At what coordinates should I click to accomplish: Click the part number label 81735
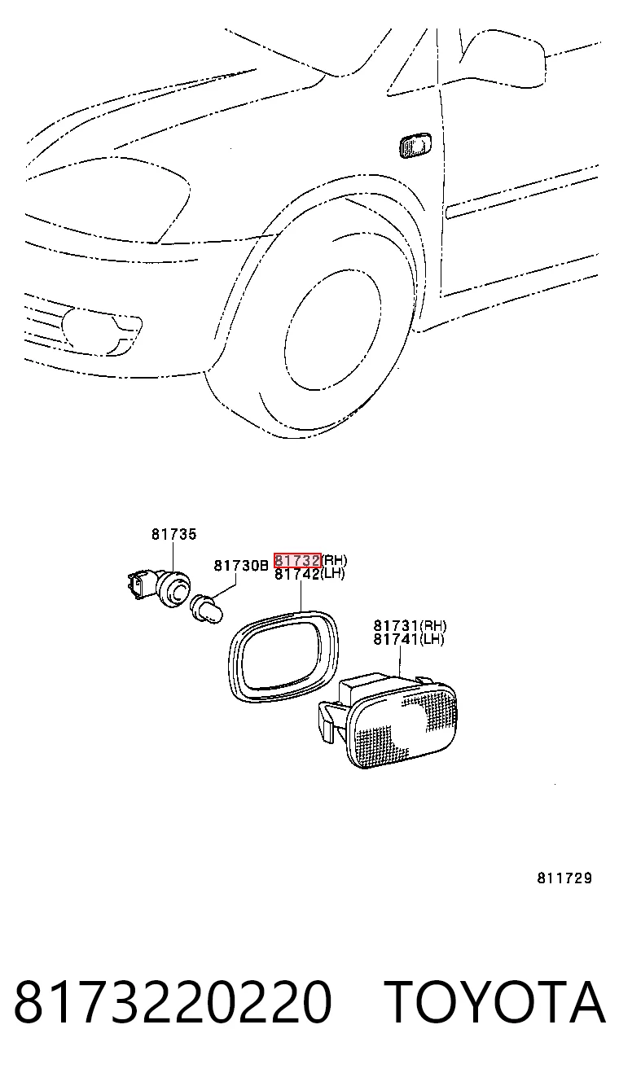tap(173, 534)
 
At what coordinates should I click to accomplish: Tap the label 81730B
tap(241, 565)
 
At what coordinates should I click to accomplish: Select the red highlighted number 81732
tap(297, 560)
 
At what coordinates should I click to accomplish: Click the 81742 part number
tap(297, 574)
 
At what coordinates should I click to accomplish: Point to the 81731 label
tap(397, 625)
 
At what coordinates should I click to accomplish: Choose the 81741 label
tap(397, 640)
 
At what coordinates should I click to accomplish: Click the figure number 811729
tap(564, 878)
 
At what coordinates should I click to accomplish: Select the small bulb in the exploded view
tap(207, 610)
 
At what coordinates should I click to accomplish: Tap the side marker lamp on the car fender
tap(415, 145)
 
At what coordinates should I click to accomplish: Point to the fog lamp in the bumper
tap(103, 331)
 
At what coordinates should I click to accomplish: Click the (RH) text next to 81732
tap(335, 560)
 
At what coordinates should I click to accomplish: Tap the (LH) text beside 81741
tap(432, 640)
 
